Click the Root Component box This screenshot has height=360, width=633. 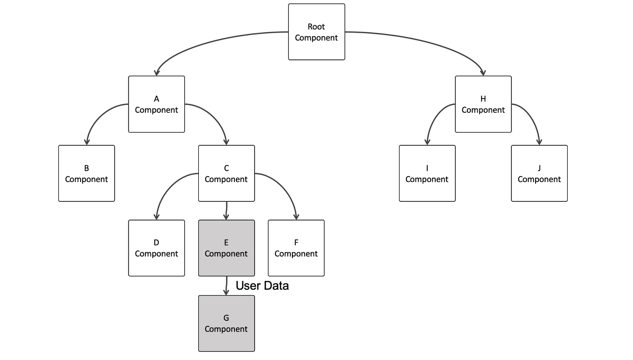click(316, 32)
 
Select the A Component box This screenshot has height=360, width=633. click(156, 104)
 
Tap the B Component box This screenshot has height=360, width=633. click(87, 174)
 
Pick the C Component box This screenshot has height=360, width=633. click(226, 174)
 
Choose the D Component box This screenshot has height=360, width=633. click(156, 248)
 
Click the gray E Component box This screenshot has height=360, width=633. click(226, 248)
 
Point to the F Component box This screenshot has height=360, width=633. click(296, 248)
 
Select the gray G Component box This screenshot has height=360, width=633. click(226, 323)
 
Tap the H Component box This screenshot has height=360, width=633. click(483, 104)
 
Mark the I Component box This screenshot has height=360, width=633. click(427, 174)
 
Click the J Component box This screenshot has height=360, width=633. click(539, 174)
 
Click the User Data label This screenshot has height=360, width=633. click(262, 286)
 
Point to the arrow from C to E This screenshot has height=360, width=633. click(226, 211)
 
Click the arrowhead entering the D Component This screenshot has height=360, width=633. click(156, 217)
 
